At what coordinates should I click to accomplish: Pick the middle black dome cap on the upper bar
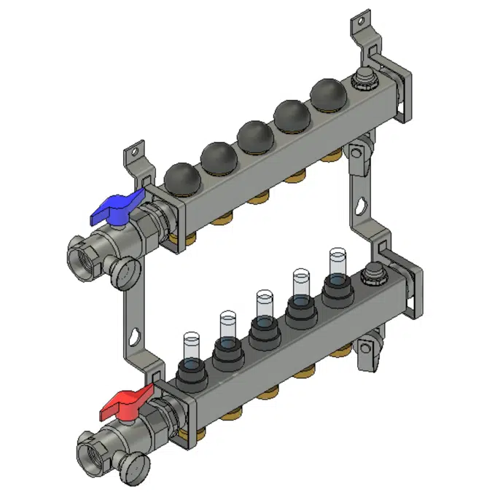254,134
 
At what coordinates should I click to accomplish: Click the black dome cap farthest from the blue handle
325,93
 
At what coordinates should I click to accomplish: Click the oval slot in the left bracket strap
136,337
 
